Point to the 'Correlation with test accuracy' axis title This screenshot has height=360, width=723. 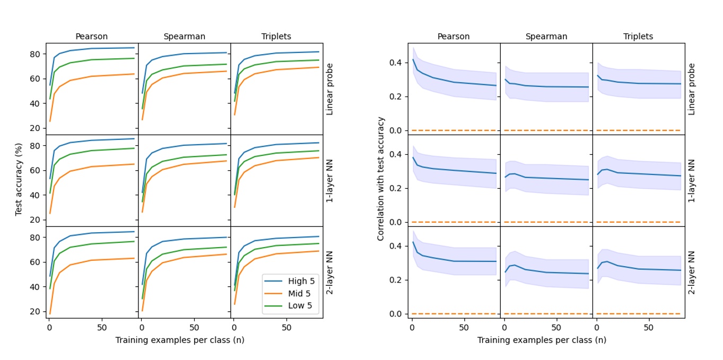[380, 179]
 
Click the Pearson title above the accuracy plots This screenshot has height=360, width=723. [91, 37]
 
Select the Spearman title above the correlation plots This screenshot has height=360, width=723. [546, 37]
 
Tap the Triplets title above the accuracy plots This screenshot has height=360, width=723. [276, 37]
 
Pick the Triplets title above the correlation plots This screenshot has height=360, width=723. [639, 37]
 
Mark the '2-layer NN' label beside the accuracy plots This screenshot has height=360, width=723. [329, 272]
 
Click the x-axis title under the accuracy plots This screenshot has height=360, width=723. [180, 340]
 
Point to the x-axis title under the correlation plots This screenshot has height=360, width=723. [542, 340]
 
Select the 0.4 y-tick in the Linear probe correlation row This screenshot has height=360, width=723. [396, 63]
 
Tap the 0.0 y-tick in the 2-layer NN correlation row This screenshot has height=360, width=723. [396, 314]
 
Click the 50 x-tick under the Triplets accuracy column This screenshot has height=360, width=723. [286, 327]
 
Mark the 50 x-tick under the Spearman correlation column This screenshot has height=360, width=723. [556, 327]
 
